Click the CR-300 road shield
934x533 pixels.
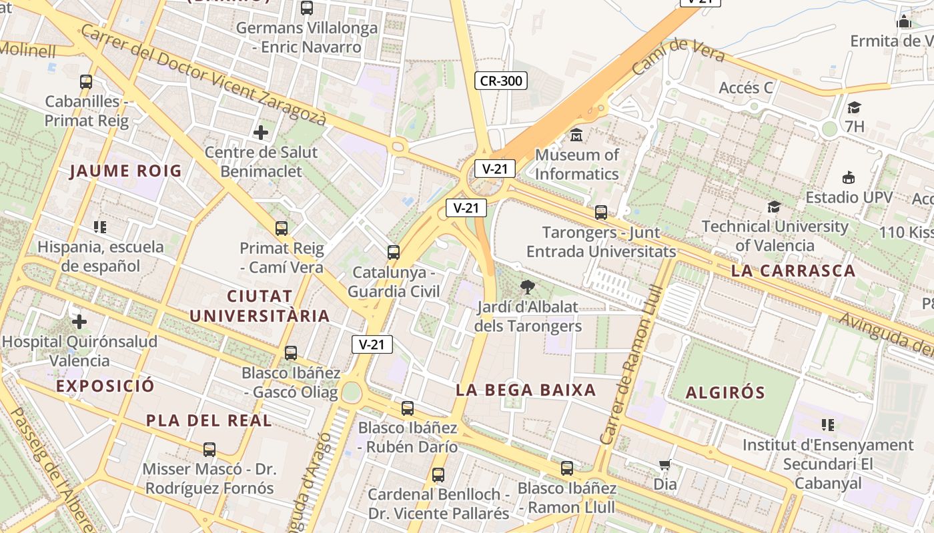click(501, 81)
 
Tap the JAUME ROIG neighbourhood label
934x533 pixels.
click(125, 171)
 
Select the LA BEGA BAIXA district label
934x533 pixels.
click(526, 390)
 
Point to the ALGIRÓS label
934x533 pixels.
click(725, 392)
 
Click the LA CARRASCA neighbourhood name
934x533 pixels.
click(793, 270)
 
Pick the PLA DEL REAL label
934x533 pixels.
click(209, 420)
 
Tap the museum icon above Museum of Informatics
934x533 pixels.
click(576, 135)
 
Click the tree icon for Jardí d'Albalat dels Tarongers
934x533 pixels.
click(528, 287)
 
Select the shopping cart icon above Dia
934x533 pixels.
click(664, 465)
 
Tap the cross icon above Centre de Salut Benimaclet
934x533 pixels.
click(261, 133)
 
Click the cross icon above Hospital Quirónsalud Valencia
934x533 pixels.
click(79, 322)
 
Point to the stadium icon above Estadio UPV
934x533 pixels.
click(849, 178)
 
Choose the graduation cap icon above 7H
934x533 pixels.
click(854, 107)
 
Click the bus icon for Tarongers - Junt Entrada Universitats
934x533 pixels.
click(601, 213)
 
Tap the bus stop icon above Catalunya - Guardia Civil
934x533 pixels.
click(394, 253)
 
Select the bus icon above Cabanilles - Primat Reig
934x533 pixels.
click(86, 82)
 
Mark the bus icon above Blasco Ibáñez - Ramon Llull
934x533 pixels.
click(567, 468)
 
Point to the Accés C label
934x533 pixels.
click(746, 87)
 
